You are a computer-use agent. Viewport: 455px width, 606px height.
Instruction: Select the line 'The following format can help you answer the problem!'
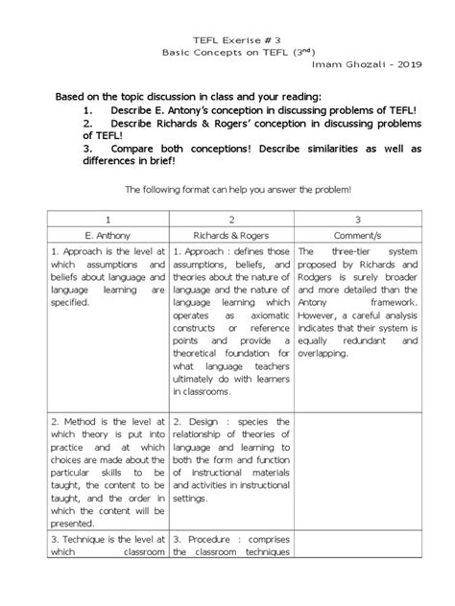tap(227, 191)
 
